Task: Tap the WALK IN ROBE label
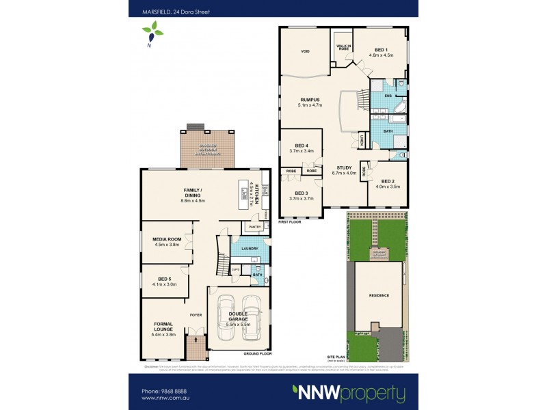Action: pos(343,48)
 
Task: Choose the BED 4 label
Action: pos(302,146)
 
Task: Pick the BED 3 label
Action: pos(302,193)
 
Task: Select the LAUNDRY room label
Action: pos(245,249)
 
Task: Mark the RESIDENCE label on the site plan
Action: pos(379,295)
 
